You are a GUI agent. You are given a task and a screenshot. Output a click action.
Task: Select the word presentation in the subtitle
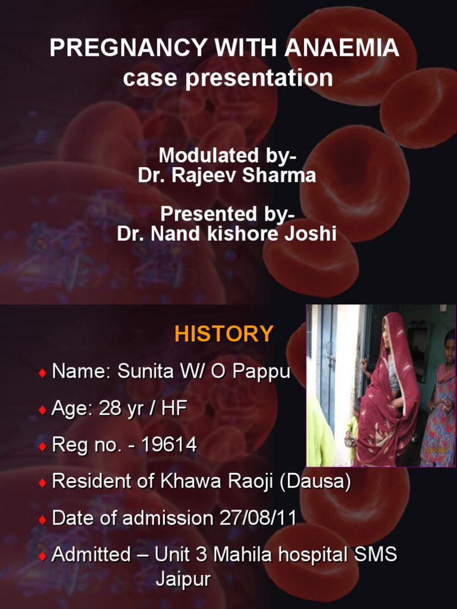click(x=259, y=78)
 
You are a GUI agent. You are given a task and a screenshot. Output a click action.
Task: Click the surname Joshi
click(x=310, y=234)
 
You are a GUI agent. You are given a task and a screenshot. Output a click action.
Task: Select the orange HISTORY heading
click(x=224, y=334)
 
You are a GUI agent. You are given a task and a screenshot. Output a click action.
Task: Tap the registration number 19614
click(x=169, y=445)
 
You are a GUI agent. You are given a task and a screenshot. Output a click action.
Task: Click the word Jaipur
click(x=183, y=580)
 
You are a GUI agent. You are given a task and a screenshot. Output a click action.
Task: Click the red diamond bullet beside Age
click(x=42, y=410)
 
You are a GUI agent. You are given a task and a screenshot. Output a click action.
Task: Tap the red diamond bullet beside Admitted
click(x=42, y=556)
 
